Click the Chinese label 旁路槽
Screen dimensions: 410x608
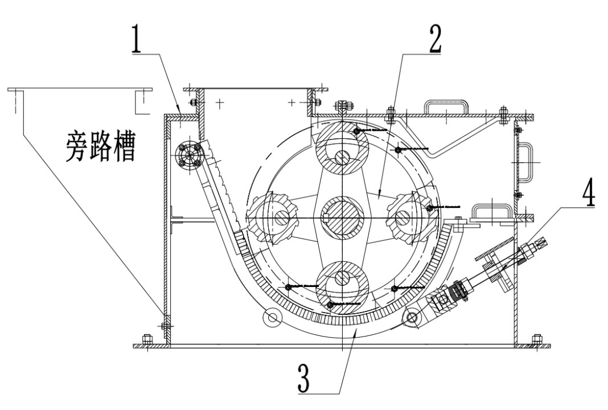pyautogui.click(x=100, y=146)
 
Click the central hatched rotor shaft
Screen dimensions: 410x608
pyautogui.click(x=342, y=217)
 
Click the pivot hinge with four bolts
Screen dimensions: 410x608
pyautogui.click(x=188, y=154)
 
